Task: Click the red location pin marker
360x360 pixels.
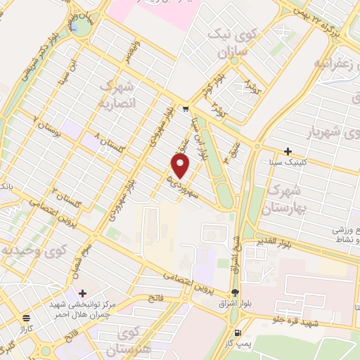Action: click(x=181, y=165)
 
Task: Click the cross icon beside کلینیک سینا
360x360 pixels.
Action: click(x=288, y=151)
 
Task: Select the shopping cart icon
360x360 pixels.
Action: click(x=185, y=109)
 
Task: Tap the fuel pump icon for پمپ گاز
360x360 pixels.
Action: click(x=238, y=333)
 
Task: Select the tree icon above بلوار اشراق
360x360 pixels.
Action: click(x=235, y=293)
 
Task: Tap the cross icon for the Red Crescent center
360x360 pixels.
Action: click(x=83, y=292)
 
